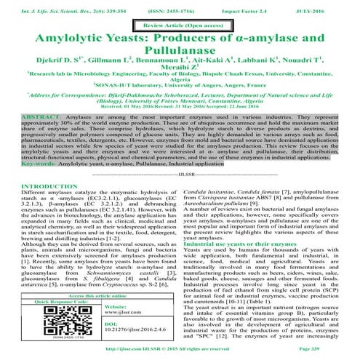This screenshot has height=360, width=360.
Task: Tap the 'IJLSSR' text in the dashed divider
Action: [x=180, y=196]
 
